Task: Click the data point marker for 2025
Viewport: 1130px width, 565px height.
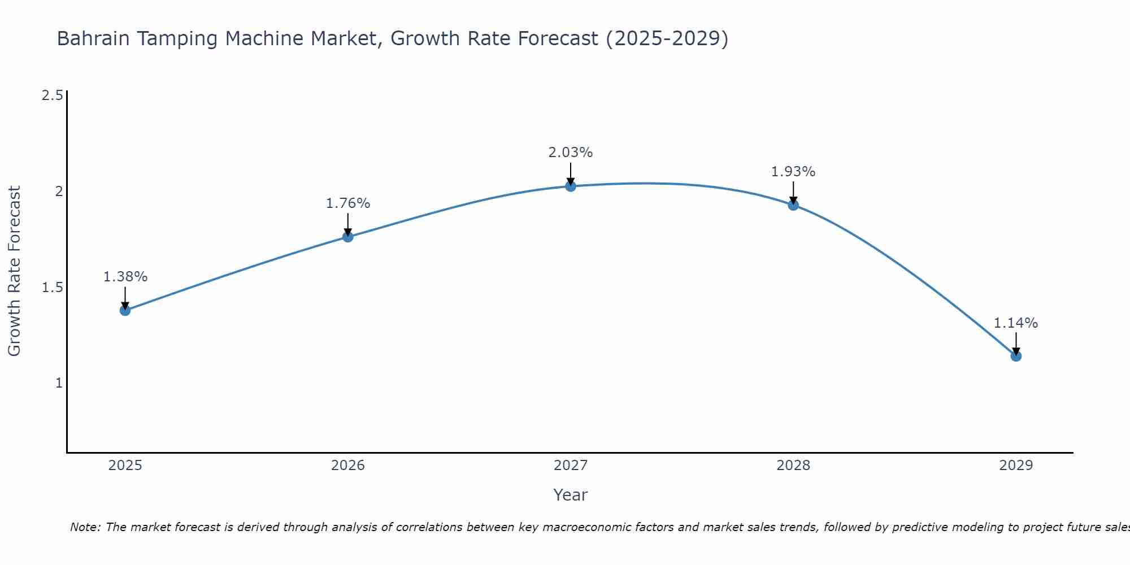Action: click(125, 310)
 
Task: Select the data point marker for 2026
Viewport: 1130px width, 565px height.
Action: click(348, 237)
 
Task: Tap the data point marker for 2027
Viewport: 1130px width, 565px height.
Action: click(571, 186)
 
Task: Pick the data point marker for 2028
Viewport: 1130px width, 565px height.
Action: click(793, 205)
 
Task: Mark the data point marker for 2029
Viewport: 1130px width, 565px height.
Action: click(1016, 356)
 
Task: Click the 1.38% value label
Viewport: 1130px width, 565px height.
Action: click(125, 277)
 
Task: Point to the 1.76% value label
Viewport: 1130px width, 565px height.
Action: click(348, 203)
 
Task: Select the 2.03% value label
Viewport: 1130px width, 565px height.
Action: click(571, 153)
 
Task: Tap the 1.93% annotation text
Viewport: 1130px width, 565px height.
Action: click(793, 172)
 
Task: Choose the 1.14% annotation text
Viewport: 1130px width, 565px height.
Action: click(1016, 323)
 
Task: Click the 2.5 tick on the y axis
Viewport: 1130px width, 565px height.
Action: click(52, 95)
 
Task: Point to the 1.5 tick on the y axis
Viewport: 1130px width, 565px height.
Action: click(52, 288)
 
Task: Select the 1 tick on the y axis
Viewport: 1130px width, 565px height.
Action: click(58, 383)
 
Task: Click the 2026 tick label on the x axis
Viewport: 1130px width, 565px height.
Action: click(348, 466)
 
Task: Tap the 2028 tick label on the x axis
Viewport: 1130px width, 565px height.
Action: click(793, 466)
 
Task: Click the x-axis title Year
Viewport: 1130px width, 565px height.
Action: click(571, 495)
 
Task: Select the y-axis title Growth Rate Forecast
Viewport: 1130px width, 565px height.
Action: click(14, 271)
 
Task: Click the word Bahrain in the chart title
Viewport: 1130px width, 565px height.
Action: click(94, 39)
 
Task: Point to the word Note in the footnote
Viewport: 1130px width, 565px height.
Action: click(85, 527)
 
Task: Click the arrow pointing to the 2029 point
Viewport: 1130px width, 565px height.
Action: click(1016, 344)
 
